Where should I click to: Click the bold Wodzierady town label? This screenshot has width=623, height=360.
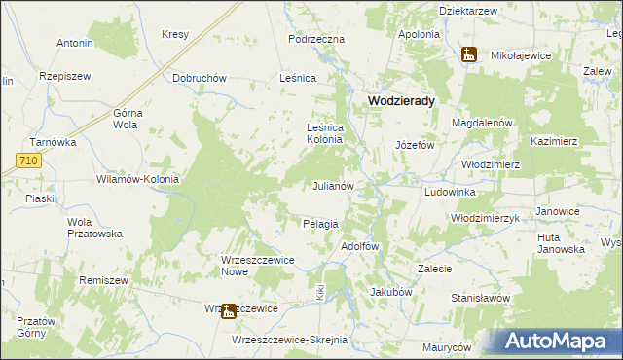coord(400,100)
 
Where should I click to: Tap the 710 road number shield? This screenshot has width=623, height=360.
coord(28,160)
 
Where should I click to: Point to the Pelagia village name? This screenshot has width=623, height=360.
coord(320,224)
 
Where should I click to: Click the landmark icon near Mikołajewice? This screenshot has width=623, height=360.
coord(469,54)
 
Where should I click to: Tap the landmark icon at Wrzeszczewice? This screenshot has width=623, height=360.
coord(228,311)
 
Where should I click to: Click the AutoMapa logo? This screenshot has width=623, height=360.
coord(556,341)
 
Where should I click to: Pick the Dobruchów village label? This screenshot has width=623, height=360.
coord(199,78)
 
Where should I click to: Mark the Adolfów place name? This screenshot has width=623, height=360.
coord(358,246)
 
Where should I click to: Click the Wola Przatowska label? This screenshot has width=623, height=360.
coord(93,227)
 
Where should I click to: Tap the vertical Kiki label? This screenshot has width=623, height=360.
coord(318,291)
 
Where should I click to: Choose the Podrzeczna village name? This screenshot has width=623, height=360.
coord(317,39)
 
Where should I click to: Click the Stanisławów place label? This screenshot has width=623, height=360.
coord(480,297)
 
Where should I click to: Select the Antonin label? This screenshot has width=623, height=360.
coord(75,43)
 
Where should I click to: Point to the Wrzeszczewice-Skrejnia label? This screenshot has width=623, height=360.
coord(289,340)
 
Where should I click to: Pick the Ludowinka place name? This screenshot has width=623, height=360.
coord(449,193)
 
